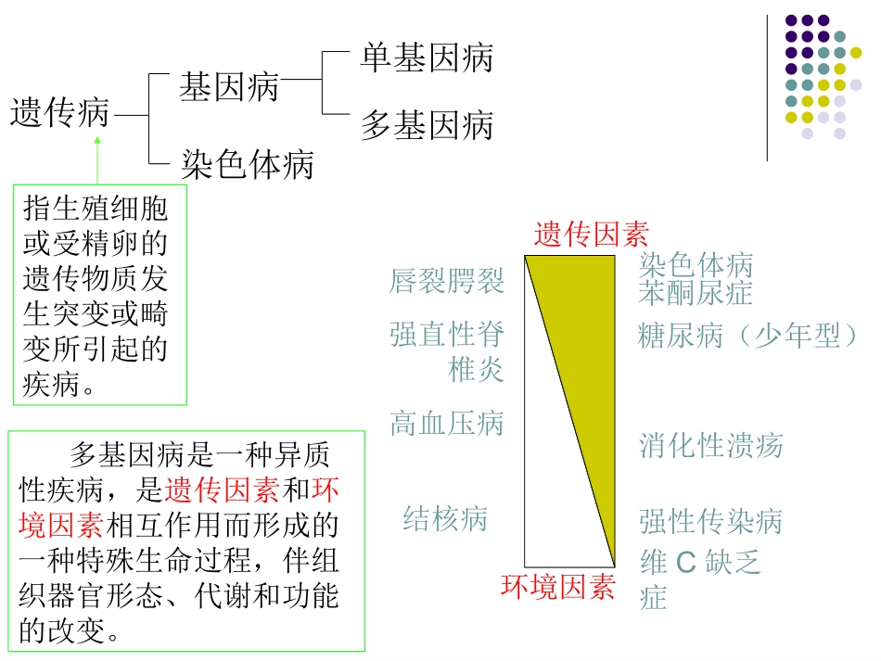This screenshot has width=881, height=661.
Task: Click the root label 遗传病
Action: click(x=59, y=114)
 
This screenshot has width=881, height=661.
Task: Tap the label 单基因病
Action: click(x=427, y=58)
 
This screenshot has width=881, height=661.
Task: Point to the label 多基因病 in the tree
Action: click(x=427, y=126)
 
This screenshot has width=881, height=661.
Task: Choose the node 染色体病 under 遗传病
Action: click(x=248, y=165)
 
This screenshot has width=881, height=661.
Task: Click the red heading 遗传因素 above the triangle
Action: click(x=591, y=235)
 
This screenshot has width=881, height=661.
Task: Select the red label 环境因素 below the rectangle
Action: click(x=558, y=587)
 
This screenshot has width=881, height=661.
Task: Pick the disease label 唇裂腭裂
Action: click(x=447, y=280)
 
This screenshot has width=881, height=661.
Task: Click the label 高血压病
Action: click(x=447, y=425)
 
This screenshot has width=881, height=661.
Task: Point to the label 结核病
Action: click(x=445, y=518)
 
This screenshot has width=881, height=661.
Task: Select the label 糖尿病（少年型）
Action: click(x=749, y=336)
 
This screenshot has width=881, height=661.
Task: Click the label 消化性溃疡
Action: click(x=711, y=446)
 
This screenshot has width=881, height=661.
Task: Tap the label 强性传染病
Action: click(x=711, y=522)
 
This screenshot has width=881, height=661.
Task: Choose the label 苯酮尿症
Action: click(x=696, y=294)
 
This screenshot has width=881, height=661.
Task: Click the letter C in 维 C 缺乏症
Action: click(x=685, y=563)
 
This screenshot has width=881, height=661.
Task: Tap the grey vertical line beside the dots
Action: click(x=768, y=88)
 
